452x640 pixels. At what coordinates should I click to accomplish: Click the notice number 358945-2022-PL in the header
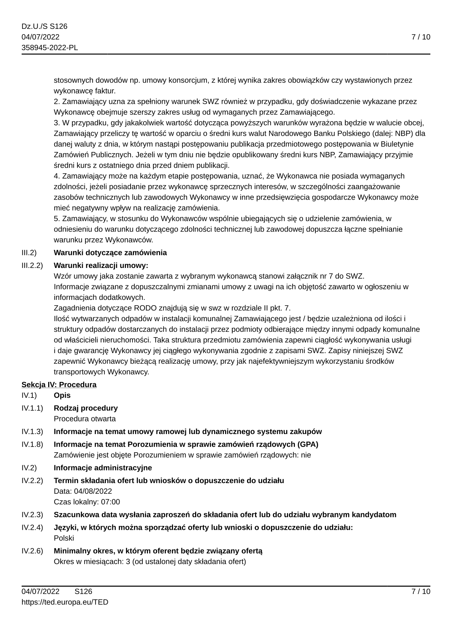click(x=50, y=48)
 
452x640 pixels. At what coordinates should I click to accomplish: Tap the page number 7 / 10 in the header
click(x=421, y=37)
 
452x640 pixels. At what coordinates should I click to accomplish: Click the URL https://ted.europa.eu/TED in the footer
click(x=65, y=602)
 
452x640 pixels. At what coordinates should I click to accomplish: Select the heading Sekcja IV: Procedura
click(x=59, y=385)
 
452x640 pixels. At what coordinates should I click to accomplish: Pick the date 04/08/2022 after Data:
click(x=93, y=491)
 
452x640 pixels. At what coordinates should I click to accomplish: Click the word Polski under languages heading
click(x=64, y=538)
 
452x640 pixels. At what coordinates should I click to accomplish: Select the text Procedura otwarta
click(x=85, y=419)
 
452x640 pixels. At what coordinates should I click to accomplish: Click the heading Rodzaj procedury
click(x=86, y=408)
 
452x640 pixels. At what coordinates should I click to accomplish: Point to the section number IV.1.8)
click(x=32, y=444)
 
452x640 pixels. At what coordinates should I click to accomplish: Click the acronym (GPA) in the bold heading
click(x=308, y=444)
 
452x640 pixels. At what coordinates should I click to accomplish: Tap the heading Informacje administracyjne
click(x=103, y=468)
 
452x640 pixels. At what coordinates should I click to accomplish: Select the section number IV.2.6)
click(x=32, y=551)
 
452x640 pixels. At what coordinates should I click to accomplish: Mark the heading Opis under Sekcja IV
click(x=62, y=395)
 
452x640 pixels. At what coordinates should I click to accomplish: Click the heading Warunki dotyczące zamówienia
click(x=110, y=253)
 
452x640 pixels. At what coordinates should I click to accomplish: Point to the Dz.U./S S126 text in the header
click(x=44, y=26)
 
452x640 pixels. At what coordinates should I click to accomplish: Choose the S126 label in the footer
click(x=83, y=591)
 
